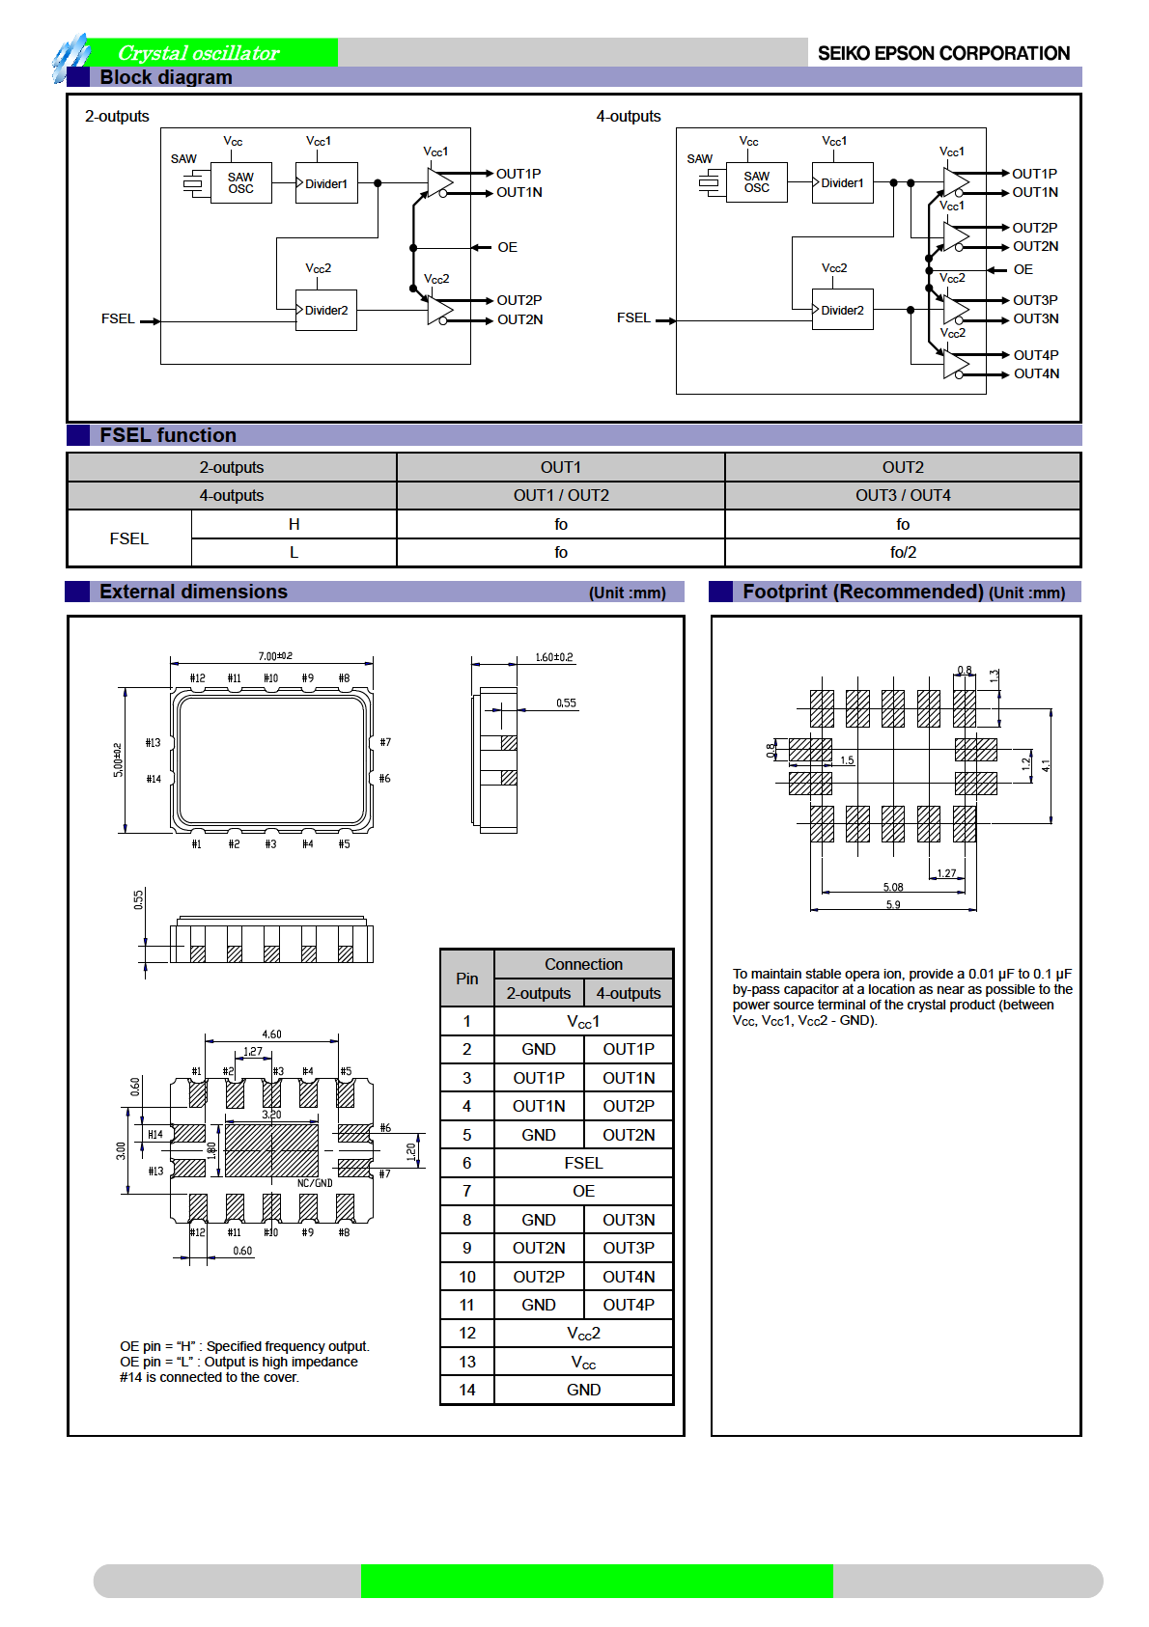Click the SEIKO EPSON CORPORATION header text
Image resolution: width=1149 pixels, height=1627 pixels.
pos(943,53)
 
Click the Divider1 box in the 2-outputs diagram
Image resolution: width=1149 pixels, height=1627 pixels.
pos(326,183)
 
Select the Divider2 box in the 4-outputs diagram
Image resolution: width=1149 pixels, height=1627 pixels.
pos(842,310)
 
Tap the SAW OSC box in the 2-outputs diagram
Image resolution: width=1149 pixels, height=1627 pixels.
pos(241,182)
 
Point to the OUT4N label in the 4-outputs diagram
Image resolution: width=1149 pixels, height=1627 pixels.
pos(1036,373)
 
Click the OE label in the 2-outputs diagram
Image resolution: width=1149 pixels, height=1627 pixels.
pos(507,247)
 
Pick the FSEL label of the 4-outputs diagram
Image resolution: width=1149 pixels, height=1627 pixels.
pos(633,317)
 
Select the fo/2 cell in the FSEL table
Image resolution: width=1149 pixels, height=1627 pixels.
pos(903,552)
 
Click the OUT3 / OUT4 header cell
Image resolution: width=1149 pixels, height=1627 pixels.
pos(903,495)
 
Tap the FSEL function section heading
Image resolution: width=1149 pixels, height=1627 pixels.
pos(168,435)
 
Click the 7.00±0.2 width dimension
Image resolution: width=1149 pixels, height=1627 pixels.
pos(275,656)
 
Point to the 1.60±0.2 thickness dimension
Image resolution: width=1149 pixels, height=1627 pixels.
pos(554,657)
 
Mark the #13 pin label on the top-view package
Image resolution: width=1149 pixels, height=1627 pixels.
pos(153,742)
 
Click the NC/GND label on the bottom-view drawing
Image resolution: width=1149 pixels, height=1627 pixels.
pos(315,1183)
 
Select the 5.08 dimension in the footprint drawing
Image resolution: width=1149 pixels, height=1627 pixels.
pos(893,887)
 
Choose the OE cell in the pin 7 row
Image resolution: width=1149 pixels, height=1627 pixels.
pos(583,1191)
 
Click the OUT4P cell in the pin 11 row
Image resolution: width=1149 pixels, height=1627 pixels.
pos(629,1305)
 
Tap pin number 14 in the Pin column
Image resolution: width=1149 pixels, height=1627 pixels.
pos(467,1390)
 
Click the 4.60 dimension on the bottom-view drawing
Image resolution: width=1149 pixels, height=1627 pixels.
pos(272,1034)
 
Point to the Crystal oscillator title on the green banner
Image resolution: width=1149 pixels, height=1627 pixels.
pos(199,53)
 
